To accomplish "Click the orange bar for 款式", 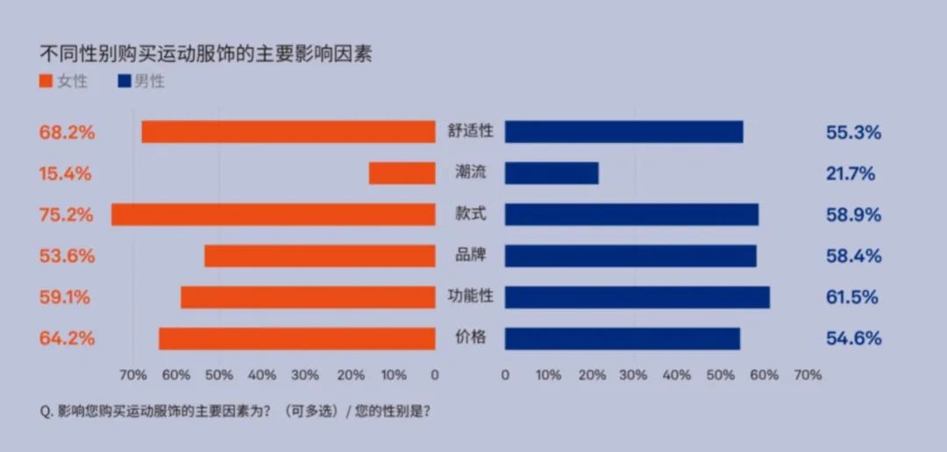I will [x=273, y=215].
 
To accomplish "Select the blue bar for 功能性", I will [x=637, y=297].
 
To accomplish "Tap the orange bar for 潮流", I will [x=402, y=173].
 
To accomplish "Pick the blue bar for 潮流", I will [x=552, y=173].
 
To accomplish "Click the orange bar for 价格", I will [x=296, y=338].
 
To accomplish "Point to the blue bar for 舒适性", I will [x=623, y=132].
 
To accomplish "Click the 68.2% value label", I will [x=67, y=133].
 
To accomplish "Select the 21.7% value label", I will [x=851, y=173].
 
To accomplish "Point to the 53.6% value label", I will [x=67, y=256].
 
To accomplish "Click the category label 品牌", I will [x=470, y=256].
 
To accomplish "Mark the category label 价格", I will [x=470, y=338].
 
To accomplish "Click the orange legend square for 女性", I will [x=46, y=82].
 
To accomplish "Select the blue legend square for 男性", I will [x=124, y=82].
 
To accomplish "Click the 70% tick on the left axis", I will [x=132, y=375].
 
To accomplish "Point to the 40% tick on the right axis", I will [x=677, y=375].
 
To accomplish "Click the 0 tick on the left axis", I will [x=435, y=375].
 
